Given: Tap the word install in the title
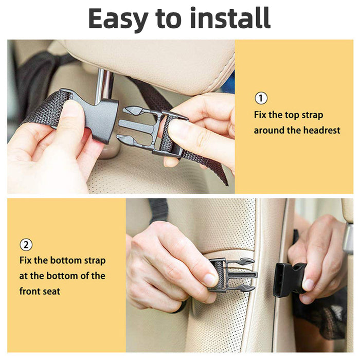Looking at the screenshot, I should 230,19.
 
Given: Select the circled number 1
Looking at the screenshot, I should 261,98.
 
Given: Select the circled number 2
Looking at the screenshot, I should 26,244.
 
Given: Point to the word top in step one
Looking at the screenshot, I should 289,115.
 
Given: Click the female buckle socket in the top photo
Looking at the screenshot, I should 98,116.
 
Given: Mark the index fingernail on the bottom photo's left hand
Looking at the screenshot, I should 210,279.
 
